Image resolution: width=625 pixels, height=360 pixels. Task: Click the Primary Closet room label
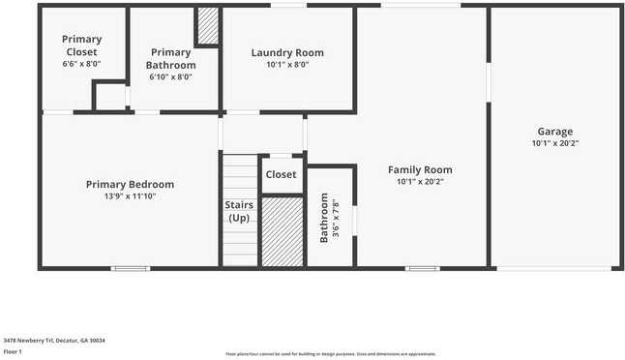82,45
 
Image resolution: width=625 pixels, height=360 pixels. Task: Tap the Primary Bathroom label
171,58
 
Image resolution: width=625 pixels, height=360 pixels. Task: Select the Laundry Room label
287,52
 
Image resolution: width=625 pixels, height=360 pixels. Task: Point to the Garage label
555,132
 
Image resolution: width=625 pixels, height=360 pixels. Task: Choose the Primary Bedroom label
130,184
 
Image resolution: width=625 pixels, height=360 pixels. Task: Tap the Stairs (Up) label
239,211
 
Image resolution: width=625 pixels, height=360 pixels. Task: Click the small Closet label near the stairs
281,175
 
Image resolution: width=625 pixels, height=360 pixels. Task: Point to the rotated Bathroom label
323,218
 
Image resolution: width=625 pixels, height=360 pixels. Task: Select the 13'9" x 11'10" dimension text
130,195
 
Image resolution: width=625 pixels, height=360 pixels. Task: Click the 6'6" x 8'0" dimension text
82,64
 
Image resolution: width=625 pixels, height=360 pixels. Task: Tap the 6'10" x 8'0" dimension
171,76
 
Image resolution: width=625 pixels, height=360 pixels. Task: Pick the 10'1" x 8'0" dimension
287,65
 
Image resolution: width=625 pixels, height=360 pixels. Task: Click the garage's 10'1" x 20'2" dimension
555,143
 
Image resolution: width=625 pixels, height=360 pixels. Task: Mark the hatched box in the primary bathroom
207,26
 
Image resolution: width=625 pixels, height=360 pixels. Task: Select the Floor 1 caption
13,351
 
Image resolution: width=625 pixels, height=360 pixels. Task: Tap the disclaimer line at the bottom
331,354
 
